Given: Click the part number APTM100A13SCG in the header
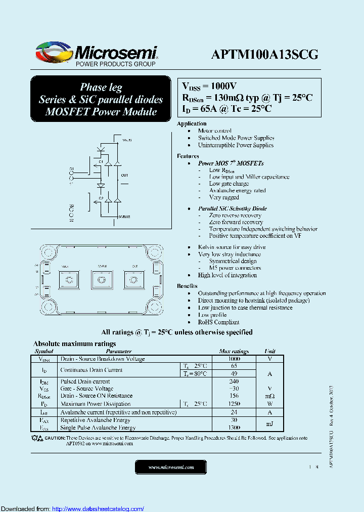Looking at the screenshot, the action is click(265, 55).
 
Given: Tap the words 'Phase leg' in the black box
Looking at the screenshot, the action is click(101, 87).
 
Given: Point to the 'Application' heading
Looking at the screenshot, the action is click(192, 123).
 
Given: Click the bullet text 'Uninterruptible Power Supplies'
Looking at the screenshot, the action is click(236, 145).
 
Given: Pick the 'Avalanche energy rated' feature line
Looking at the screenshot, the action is click(237, 191).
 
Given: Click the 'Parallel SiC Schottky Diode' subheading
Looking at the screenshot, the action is click(233, 208).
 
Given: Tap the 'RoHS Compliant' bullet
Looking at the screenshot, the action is click(218, 322).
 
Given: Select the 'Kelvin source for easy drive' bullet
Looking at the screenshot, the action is click(232, 247).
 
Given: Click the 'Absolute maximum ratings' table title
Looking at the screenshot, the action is click(74, 344).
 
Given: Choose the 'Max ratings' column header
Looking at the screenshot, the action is click(234, 351).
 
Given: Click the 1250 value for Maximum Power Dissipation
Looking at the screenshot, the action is click(234, 404).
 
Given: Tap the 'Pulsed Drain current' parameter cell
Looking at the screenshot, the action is click(85, 381).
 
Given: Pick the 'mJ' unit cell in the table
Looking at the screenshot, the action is click(270, 424).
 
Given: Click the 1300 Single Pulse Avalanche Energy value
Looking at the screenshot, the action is click(234, 428).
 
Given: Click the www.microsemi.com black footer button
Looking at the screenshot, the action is click(171, 467).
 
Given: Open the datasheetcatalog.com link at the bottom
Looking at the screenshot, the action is click(98, 509).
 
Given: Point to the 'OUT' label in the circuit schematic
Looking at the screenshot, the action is click(124, 176).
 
